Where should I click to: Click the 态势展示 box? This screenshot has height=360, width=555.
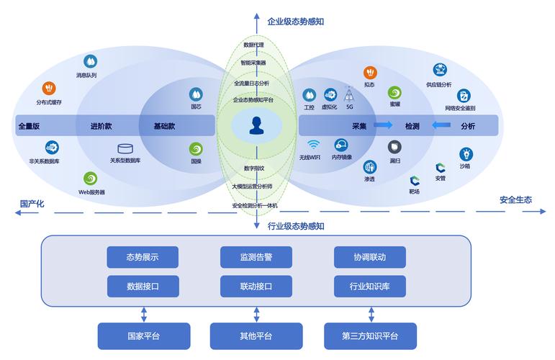[x=143, y=257]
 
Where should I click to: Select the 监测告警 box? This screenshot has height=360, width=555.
[x=256, y=257]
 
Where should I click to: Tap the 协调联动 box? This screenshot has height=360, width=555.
[x=370, y=257]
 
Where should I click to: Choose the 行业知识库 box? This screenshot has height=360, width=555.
[x=370, y=287]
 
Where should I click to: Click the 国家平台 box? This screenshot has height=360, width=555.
[x=144, y=336]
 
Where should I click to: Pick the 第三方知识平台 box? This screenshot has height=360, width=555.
[x=370, y=336]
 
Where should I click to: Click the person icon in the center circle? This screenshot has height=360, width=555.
[x=256, y=126]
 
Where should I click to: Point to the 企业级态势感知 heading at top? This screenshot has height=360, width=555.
[x=295, y=22]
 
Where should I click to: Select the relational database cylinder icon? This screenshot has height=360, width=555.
[x=125, y=148]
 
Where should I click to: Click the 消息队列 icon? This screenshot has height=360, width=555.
[x=90, y=62]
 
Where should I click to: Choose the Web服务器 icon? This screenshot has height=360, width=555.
[x=91, y=179]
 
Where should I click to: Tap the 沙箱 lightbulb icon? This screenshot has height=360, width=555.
[x=466, y=153]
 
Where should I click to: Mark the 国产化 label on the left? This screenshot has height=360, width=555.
[x=32, y=204]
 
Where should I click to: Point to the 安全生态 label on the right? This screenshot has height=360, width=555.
[x=515, y=199]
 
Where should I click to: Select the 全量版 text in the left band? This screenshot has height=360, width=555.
[x=29, y=126]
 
